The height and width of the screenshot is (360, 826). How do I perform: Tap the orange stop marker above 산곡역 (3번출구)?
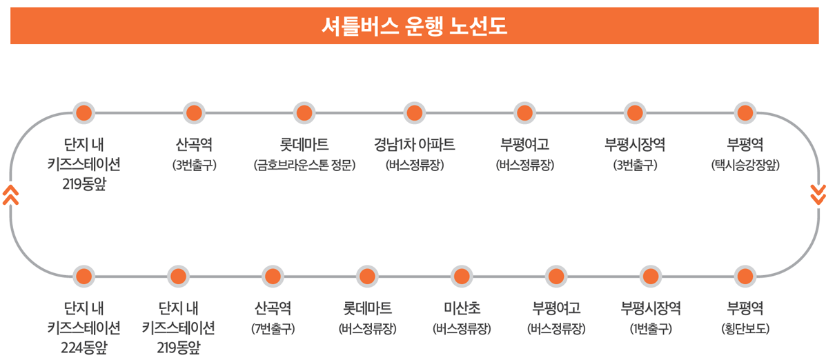(194, 112)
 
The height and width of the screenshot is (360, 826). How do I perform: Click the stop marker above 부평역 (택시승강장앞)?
(745, 112)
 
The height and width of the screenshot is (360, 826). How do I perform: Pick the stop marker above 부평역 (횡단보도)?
(745, 277)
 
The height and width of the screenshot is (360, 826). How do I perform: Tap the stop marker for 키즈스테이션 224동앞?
(83, 277)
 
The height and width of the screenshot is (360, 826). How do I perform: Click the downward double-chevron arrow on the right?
(818, 194)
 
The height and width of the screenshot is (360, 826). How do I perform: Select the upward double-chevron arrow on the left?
(10, 194)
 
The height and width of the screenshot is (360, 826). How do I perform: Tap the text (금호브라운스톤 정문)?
(304, 166)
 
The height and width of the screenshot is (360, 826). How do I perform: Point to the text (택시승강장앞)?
(745, 166)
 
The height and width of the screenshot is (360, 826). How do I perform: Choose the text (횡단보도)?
(745, 328)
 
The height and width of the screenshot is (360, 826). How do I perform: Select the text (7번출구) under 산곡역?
(272, 328)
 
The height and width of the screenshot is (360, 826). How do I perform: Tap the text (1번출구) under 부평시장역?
(650, 328)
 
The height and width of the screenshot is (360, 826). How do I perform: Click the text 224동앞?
(83, 347)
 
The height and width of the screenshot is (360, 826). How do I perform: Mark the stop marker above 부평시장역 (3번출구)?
(634, 112)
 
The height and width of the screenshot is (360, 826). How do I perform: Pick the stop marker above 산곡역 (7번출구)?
(272, 277)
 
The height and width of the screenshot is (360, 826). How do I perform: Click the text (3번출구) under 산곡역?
(194, 166)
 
